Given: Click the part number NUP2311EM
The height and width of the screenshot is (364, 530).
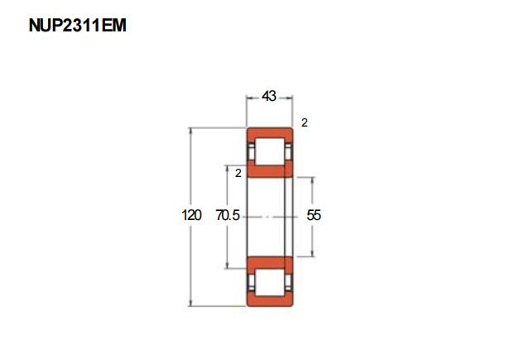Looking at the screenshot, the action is click(77, 26).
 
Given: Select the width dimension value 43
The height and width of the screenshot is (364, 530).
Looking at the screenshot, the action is click(269, 96).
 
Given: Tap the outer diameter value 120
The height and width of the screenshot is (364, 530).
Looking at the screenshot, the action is click(191, 215).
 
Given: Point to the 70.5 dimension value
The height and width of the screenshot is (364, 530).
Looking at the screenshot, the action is click(228, 215).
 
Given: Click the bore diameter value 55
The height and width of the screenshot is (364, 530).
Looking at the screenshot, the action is click(314, 215).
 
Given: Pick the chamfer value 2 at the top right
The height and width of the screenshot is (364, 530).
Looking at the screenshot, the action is click(305, 122).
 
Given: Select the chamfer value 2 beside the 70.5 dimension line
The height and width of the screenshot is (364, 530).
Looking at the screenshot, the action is click(238, 173).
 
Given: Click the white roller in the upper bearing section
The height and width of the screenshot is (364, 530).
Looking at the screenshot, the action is click(269, 151).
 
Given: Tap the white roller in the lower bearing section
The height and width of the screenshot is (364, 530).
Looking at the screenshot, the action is click(269, 282).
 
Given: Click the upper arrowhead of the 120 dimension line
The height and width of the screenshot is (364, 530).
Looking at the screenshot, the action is click(191, 131).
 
